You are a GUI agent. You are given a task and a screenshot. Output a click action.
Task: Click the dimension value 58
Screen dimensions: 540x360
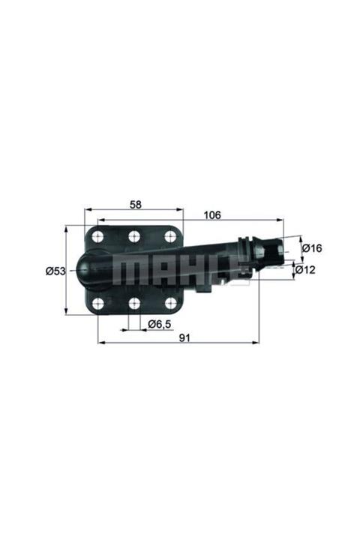(135, 203)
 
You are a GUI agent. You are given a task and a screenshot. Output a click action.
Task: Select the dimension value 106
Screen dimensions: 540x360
(212, 215)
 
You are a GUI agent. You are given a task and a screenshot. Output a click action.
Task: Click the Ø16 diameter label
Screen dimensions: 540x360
(312, 247)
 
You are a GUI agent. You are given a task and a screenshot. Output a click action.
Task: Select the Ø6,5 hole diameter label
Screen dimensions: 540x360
(158, 323)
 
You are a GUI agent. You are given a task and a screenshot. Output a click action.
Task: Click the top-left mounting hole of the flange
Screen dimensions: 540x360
(98, 237)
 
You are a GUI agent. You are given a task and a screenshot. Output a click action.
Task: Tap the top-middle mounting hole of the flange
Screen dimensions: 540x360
(134, 237)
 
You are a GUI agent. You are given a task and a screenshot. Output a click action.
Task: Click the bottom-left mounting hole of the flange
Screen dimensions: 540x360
(98, 303)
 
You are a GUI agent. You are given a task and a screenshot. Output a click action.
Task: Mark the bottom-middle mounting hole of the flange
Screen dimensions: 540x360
(134, 303)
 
